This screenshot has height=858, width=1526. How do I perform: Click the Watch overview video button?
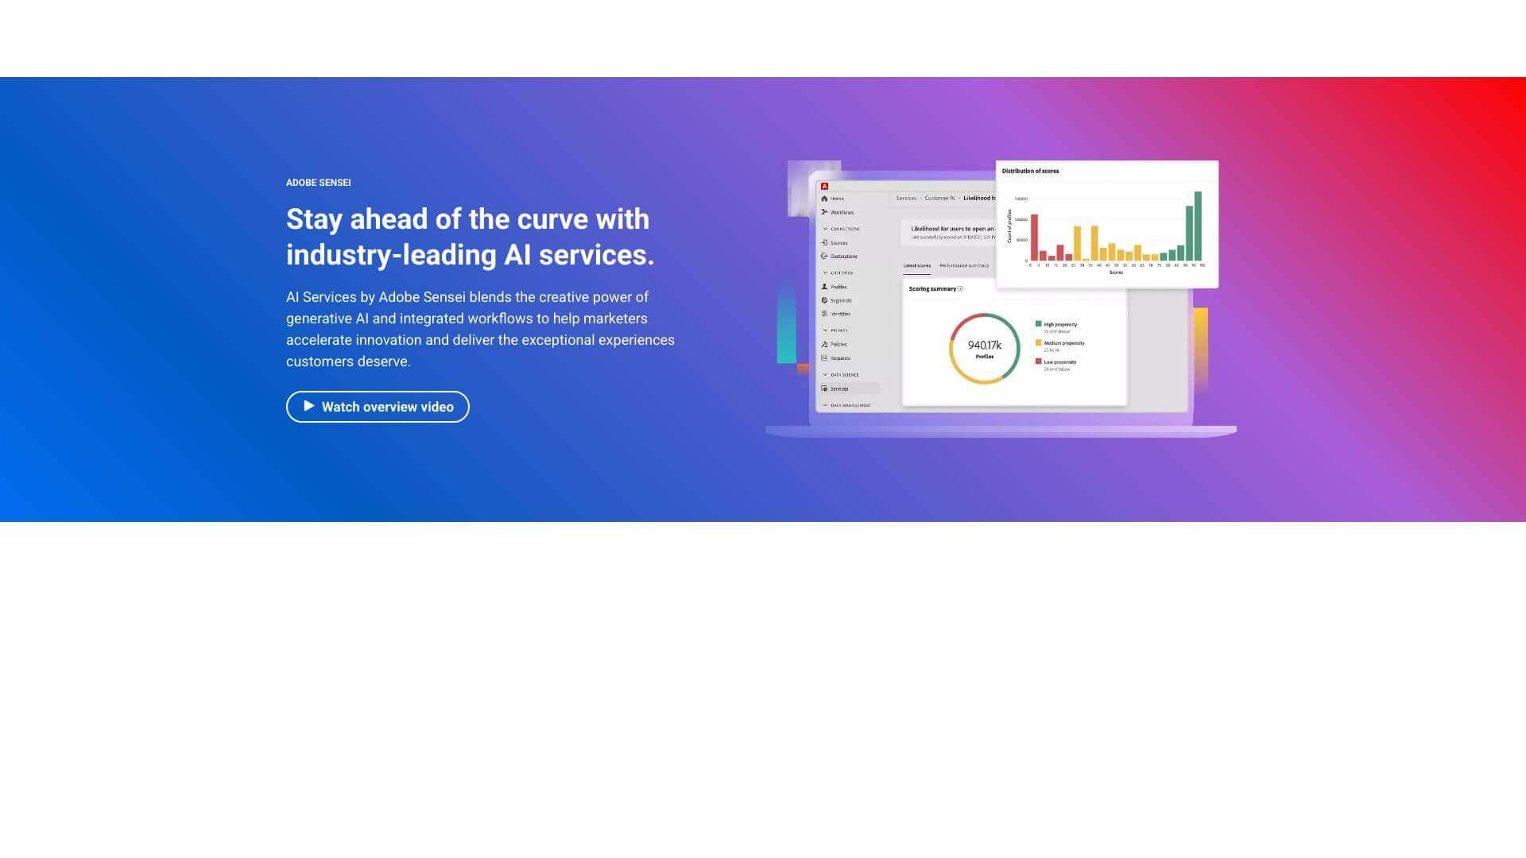point(378,407)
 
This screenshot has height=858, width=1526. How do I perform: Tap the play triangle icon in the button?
point(309,406)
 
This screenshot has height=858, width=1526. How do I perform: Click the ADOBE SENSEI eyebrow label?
point(318,183)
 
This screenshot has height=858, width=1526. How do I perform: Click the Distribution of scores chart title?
point(1030,171)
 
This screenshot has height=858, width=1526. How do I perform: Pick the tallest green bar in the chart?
point(1198,226)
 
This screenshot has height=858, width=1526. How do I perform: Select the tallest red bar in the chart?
point(1034,238)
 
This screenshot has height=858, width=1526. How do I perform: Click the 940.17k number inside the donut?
point(984,345)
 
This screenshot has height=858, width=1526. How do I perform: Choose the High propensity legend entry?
point(1059,324)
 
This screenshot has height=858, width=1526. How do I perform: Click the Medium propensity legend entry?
point(1063,343)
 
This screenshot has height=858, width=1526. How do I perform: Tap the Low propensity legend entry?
point(1059,361)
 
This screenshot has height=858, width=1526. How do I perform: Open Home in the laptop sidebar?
point(837,199)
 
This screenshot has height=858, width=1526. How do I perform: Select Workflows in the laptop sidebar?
point(841,212)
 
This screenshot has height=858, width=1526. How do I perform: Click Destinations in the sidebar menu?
point(843,257)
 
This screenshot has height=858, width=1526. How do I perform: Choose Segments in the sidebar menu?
point(840,300)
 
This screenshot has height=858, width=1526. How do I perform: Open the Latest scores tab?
point(916,265)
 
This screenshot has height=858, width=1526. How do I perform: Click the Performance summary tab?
point(964,265)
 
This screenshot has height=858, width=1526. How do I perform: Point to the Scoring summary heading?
point(932,289)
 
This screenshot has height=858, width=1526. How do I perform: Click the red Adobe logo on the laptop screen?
point(824,187)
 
